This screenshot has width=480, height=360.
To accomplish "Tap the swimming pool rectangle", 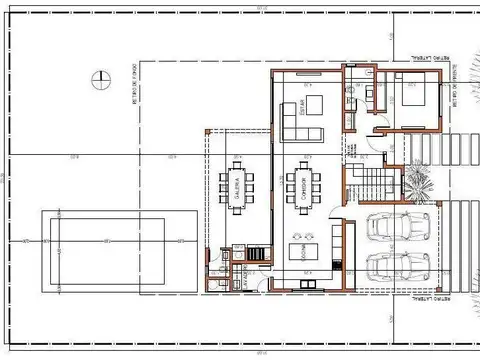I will (x=119, y=241).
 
